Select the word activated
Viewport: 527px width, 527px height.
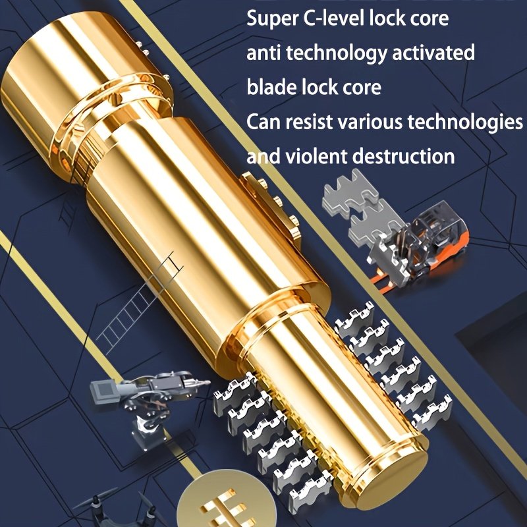tap(433, 53)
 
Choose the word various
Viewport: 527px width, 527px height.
tap(370, 122)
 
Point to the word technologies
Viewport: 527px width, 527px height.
tap(465, 123)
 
